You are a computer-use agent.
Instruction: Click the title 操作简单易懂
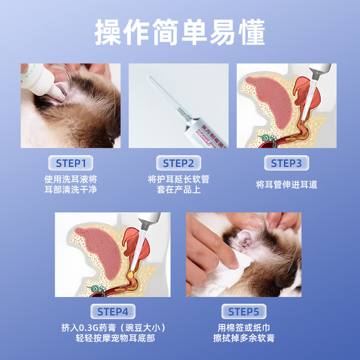(179, 33)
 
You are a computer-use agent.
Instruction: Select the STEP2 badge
(178, 164)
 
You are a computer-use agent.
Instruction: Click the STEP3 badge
(286, 164)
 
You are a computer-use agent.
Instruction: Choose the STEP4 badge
(112, 312)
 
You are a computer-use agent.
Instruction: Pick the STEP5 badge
(244, 312)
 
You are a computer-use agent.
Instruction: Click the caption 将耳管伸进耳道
(286, 184)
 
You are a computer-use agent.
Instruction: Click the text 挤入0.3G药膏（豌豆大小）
(112, 327)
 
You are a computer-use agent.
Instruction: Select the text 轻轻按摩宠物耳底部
(112, 339)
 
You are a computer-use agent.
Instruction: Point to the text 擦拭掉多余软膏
(244, 339)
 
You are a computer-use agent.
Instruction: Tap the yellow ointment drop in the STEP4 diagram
(130, 273)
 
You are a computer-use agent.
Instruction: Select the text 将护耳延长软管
(178, 179)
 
